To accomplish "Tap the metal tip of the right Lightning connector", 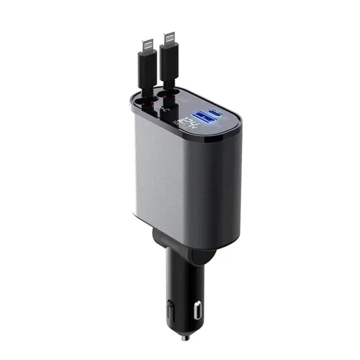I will [170, 40].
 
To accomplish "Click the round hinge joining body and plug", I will [200, 255].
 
